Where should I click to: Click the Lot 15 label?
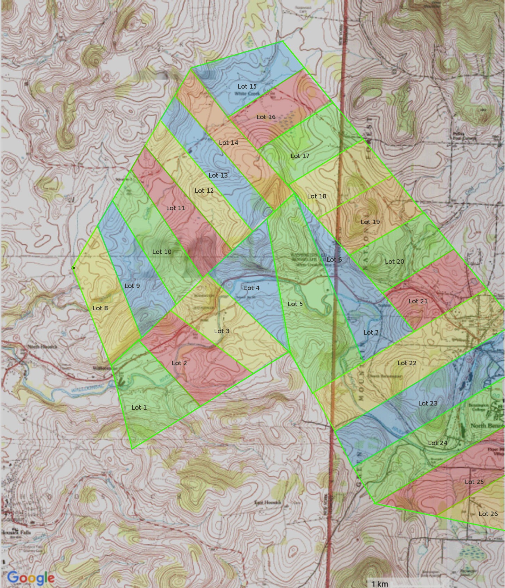247,86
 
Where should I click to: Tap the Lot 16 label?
266,117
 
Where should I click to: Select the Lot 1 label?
139,407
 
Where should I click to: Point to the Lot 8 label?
100,308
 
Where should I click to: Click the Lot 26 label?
488,514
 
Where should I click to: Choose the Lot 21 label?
418,301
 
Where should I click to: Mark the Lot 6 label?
334,259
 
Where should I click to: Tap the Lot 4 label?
251,288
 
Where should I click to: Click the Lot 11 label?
175,208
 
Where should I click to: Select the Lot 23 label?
428,403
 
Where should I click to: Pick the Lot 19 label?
370,222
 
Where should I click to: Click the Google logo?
31,578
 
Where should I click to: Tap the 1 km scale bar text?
380,583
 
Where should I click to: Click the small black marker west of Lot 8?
73,268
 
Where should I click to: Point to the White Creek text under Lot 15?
247,94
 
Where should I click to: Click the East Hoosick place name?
267,503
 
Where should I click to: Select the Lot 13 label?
218,175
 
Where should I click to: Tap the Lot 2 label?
179,363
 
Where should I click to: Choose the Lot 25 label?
474,482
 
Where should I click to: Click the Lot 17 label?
300,156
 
